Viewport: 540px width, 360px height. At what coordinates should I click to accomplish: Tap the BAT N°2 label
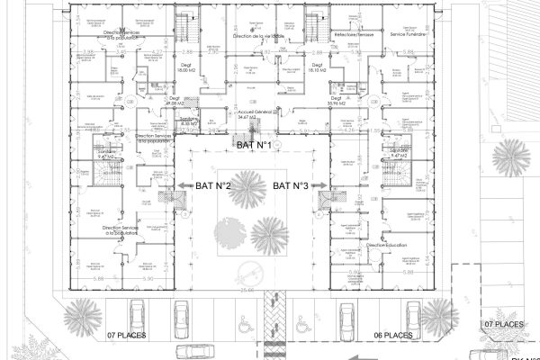coord(214,186)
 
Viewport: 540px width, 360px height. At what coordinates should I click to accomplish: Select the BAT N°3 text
coord(292,186)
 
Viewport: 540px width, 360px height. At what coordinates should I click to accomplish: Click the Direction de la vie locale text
coord(258,35)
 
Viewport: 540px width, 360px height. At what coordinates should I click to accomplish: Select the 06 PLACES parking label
coord(392,334)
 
